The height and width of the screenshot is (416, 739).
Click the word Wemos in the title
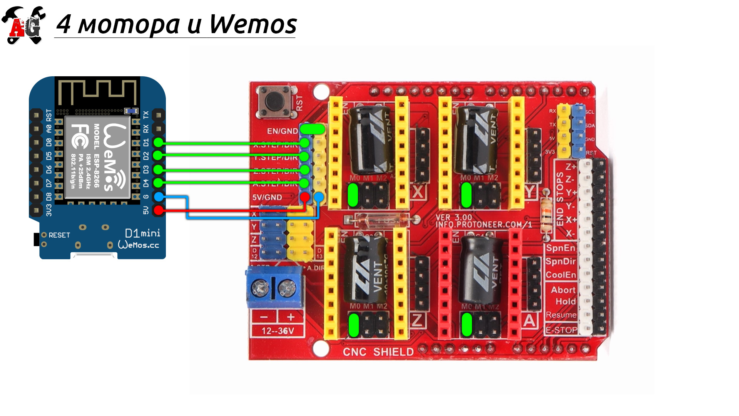tap(253, 25)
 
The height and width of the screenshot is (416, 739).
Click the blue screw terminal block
tap(274, 287)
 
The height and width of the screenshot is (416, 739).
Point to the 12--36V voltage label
tap(278, 331)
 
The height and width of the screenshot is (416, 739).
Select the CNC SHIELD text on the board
tap(378, 352)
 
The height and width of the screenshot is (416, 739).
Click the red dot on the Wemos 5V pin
tap(158, 210)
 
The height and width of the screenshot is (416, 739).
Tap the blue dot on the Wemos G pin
tap(158, 197)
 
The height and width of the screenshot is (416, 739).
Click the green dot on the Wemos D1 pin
tap(158, 143)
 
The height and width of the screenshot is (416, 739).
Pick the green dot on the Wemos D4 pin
tap(158, 183)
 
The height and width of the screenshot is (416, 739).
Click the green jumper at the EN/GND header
tap(312, 129)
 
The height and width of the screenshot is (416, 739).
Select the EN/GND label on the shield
tap(282, 131)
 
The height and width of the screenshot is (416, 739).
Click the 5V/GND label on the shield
tap(267, 198)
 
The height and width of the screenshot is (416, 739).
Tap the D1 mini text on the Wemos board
tap(142, 233)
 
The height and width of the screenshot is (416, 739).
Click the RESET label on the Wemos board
tap(59, 235)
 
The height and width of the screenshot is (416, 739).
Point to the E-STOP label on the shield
tap(561, 330)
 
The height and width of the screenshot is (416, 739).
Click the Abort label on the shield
tap(563, 290)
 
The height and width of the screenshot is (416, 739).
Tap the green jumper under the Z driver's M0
tap(353, 325)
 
